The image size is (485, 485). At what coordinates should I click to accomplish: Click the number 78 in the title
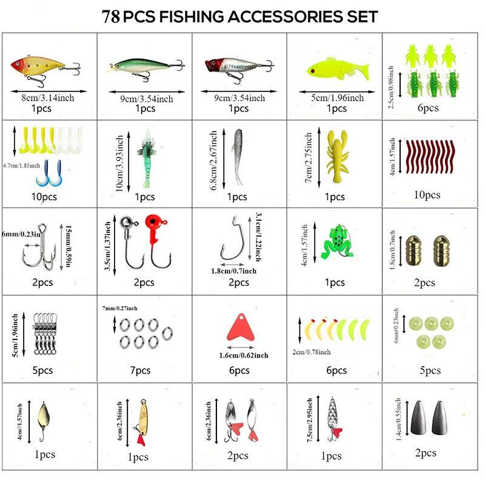coord(111,17)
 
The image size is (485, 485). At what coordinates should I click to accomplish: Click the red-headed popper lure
coord(239,69)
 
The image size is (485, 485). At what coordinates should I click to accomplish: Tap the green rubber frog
coord(336,241)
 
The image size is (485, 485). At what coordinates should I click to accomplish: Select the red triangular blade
coord(240,327)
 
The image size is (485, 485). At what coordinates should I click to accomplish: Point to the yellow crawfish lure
coord(338,156)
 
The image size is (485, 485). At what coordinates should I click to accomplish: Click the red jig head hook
coord(158,240)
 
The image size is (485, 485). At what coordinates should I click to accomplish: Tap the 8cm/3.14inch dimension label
coord(48,98)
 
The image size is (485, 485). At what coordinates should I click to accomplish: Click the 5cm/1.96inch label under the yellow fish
coord(337,98)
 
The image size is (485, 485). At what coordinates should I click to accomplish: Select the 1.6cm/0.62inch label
coord(244,355)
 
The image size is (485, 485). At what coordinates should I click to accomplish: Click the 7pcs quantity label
coord(140,370)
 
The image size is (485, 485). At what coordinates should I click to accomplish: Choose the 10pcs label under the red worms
coord(427,195)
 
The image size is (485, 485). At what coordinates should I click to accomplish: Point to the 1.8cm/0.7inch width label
coord(234,271)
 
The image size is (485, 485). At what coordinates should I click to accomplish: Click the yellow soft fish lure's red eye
coord(313,71)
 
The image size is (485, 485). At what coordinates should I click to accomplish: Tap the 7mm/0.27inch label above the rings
coord(119,308)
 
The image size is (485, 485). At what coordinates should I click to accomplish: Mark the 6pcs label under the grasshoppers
coord(428,108)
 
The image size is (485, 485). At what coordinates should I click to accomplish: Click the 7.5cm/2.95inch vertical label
coord(310,420)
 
